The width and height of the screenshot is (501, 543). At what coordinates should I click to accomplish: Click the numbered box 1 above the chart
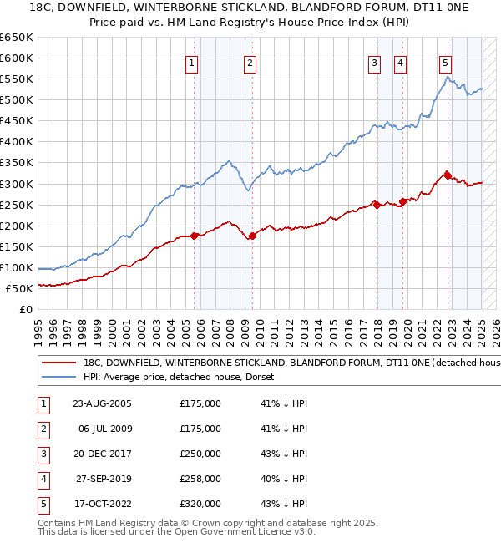(192, 63)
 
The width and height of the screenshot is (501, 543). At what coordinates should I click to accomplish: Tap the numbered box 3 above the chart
(375, 63)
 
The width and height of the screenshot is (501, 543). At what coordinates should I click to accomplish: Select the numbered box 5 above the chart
(445, 63)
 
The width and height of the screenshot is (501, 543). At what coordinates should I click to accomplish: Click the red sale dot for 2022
(448, 175)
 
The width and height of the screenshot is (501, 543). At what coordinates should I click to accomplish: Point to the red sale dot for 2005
(194, 236)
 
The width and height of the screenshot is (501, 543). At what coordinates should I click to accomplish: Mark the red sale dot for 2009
(252, 236)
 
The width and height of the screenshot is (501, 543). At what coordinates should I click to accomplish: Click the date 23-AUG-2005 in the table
(102, 403)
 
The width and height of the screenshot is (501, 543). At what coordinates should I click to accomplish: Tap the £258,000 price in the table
(200, 479)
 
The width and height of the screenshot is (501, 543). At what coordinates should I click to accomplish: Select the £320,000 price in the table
(200, 504)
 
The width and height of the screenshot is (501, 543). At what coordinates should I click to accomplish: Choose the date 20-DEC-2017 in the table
(102, 454)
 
